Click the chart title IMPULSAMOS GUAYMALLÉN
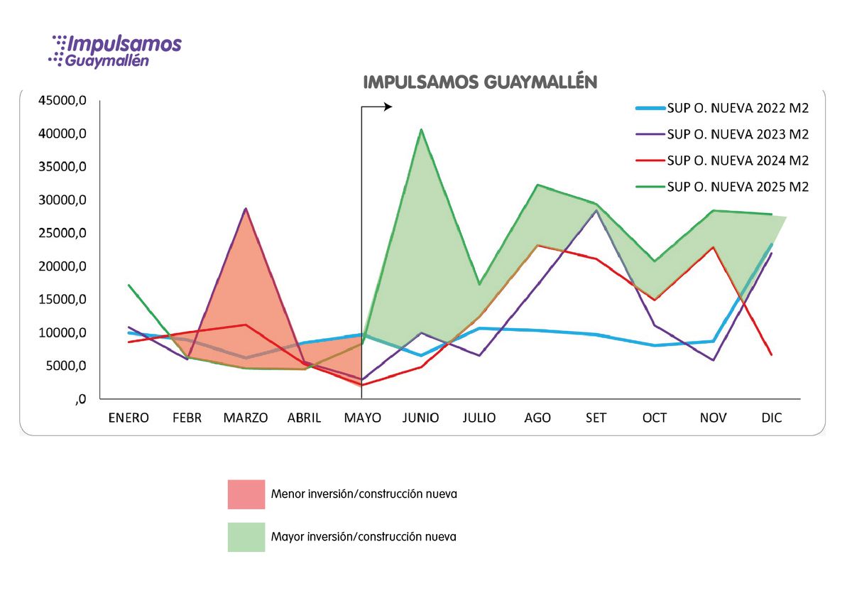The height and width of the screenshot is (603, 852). coord(480,82)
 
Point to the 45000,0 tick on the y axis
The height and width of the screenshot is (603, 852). coord(58,101)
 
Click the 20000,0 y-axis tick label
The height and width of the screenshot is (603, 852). coord(58,266)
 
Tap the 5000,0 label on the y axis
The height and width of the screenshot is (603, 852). coord(60,366)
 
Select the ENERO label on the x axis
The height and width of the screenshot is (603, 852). coord(129,418)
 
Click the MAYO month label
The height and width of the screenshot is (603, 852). coord(362,418)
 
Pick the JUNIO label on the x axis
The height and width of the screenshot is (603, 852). coord(420,418)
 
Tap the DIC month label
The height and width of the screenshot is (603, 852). coord(771,418)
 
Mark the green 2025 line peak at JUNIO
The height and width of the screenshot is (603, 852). coord(420,130)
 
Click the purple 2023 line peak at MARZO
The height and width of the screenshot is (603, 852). coord(246,209)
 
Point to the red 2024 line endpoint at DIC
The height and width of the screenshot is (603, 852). coord(772,354)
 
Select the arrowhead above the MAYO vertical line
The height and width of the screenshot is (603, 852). coord(388,107)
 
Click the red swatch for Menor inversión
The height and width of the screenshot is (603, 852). coord(246,494)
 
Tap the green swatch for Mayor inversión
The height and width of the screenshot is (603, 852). coord(246,537)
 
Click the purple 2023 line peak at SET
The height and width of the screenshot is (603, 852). coord(596,210)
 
